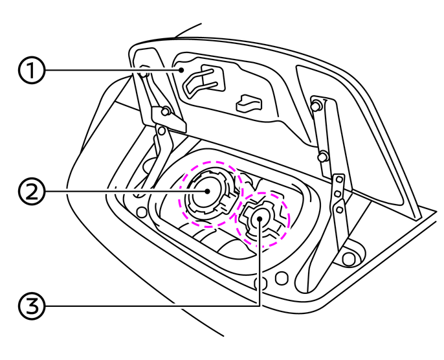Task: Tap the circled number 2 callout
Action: tap(31, 192)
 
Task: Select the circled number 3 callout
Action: tap(31, 305)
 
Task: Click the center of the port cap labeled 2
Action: tap(206, 192)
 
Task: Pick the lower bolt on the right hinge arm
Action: tap(321, 156)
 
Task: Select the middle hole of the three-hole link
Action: tap(339, 196)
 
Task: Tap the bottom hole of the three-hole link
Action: tap(339, 208)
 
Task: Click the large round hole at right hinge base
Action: tap(350, 258)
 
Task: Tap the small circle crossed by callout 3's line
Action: tap(261, 283)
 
